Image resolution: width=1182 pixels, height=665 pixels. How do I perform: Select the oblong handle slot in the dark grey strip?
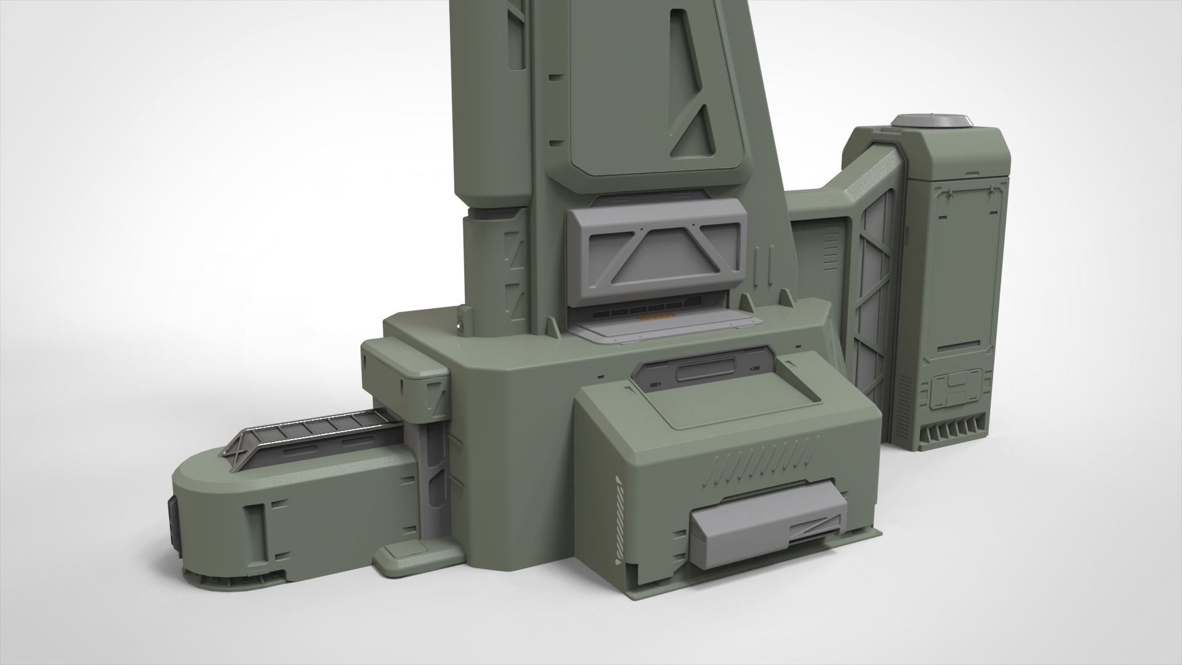click(x=705, y=373)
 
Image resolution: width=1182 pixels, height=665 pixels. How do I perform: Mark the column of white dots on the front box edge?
click(x=618, y=520)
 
